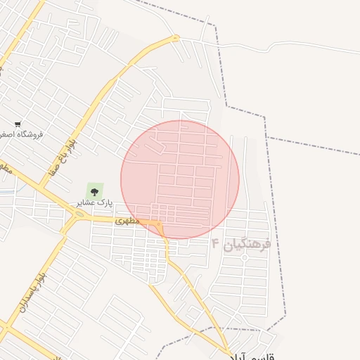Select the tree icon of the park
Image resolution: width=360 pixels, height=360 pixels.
coord(94,191)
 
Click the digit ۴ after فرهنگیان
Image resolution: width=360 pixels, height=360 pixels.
coord(215,243)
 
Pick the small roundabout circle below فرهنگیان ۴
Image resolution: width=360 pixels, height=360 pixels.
coord(245,258)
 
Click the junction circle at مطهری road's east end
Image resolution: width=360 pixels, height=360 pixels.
coord(160,224)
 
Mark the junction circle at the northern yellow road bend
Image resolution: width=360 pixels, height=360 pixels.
coord(176,38)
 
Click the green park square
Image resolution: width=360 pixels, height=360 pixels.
coord(94,191)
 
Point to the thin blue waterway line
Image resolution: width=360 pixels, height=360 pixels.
coord(6,191)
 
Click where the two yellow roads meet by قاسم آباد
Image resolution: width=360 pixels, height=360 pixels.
coord(229,351)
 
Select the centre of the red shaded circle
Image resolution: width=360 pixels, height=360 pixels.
coord(180,179)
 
